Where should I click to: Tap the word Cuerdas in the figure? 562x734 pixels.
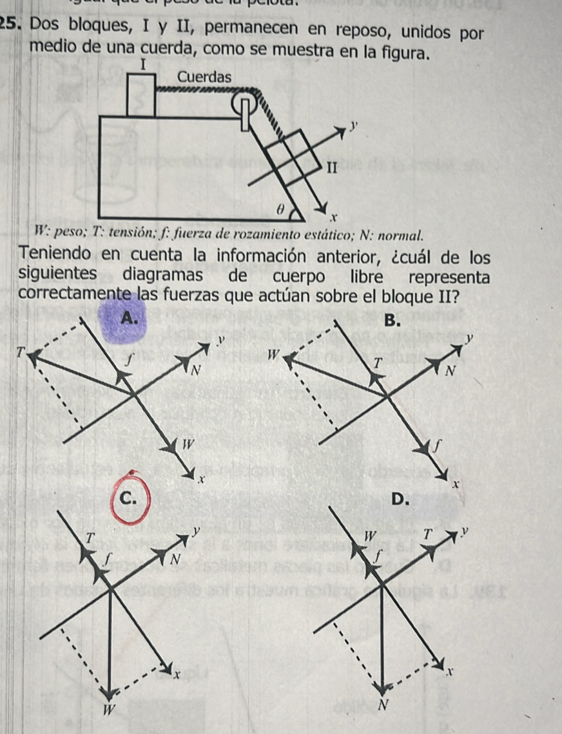click(204, 76)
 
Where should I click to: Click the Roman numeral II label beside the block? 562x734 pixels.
click(332, 169)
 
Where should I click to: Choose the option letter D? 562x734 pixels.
click(400, 499)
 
